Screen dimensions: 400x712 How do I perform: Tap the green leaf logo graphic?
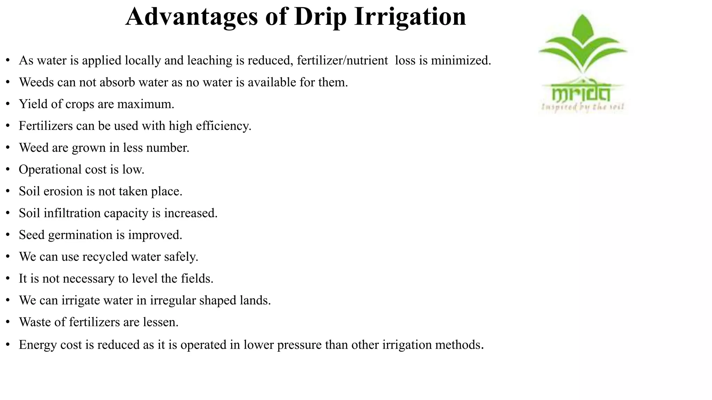[x=583, y=43]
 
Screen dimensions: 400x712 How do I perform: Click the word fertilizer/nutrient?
[x=342, y=60]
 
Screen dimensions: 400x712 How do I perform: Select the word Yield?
[x=32, y=104]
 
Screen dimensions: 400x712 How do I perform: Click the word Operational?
[x=50, y=170]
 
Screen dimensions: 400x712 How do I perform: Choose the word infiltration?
[x=72, y=213]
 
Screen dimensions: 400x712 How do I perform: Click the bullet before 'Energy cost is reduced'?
[x=8, y=345]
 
